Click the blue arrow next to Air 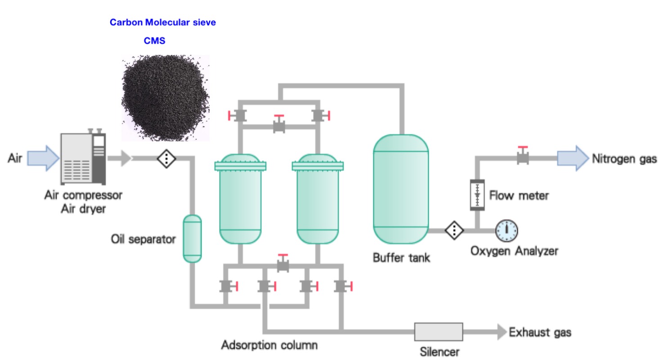coord(43,158)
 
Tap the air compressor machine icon coord(83,157)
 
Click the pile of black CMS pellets coord(165,98)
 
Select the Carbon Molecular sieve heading coord(162,22)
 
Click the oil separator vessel coord(193,238)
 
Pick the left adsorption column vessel coord(240,199)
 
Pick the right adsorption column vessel coord(318,199)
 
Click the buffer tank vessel coord(401,189)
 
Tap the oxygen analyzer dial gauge coord(507,230)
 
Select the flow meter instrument coord(477,195)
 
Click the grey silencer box coord(439,332)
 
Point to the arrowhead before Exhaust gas coord(502,332)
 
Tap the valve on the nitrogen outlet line coord(523,156)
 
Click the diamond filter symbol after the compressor coord(166,159)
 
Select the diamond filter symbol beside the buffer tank coord(454,230)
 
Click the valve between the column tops coord(279,124)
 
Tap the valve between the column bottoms coord(283,263)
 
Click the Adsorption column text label coord(269,345)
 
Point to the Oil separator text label coord(143,239)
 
